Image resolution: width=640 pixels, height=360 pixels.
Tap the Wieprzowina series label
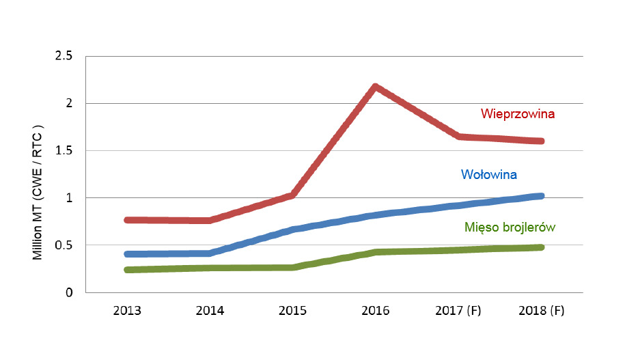coord(517,113)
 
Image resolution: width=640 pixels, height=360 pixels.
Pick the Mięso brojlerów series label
coord(509,227)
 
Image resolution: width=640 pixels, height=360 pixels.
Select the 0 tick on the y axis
coord(69,292)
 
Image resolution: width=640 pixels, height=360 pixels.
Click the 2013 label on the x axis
coord(127,310)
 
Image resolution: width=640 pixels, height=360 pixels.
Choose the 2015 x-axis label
coord(292,310)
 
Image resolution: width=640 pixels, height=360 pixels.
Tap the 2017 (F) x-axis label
coord(458,310)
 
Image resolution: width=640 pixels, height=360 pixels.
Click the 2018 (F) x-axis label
coord(540,310)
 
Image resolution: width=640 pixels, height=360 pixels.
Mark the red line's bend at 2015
coord(292,195)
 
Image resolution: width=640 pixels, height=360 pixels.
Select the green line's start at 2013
coord(127,270)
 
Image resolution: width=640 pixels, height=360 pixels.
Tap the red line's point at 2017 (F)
coord(458,137)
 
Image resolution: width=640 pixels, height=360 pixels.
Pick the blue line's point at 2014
coord(210,253)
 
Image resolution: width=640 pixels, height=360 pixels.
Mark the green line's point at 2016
coord(375,252)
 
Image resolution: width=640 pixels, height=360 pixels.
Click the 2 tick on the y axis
coord(69,103)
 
